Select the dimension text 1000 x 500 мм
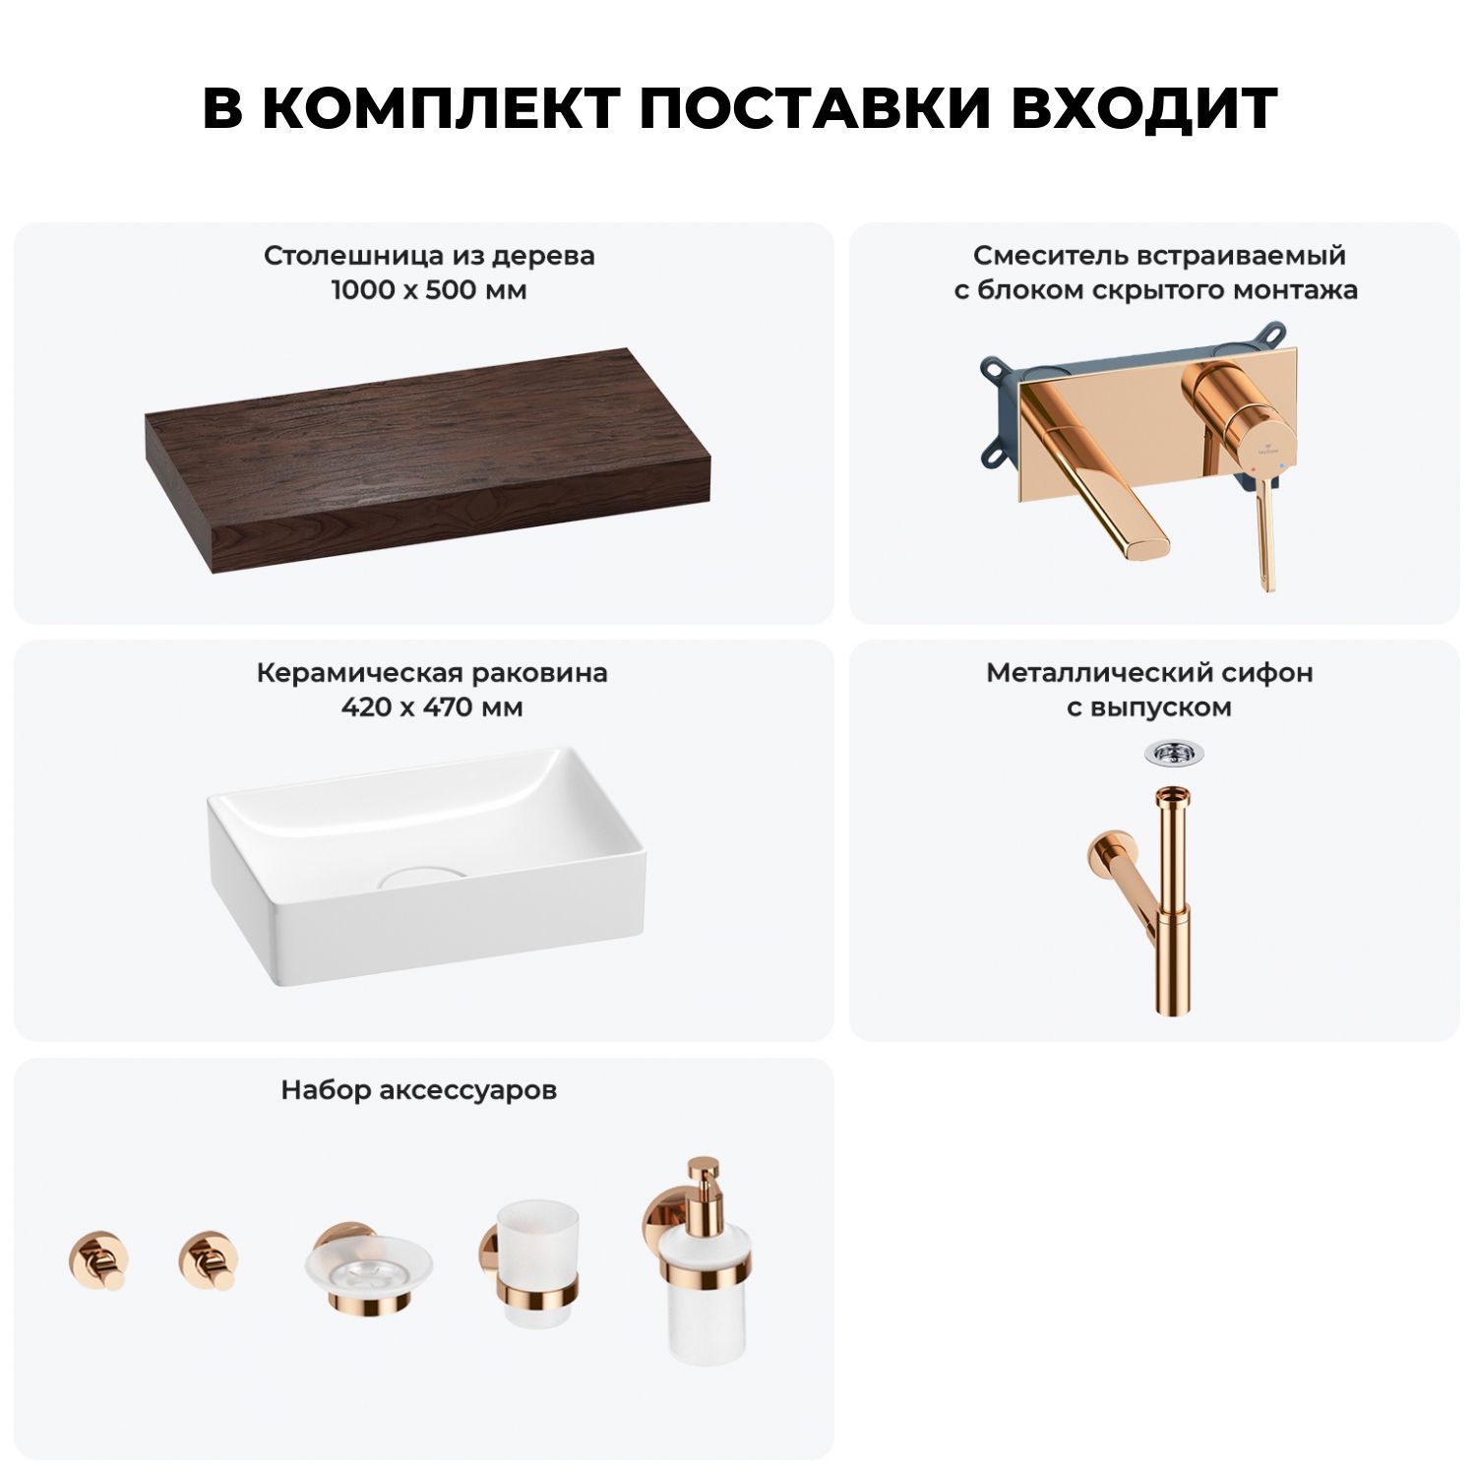pos(429,290)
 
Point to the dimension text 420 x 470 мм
pos(432,707)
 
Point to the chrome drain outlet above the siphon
pos(1174,754)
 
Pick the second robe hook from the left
pos(208,1260)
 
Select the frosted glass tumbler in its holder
pos(537,1263)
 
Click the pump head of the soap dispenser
pos(703,1186)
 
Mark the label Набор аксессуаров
pos(418,1090)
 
